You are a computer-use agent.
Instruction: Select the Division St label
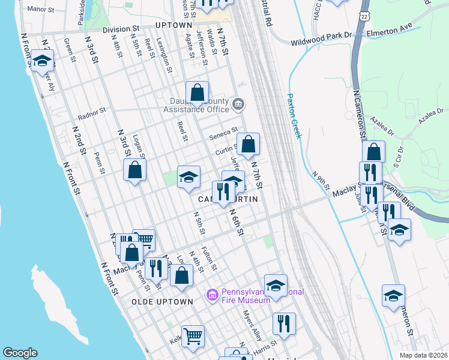[121, 29]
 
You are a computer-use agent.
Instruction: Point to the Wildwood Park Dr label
[321, 43]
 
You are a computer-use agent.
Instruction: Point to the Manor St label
[41, 9]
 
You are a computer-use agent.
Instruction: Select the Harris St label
[264, 346]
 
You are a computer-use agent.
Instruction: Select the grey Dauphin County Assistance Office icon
[238, 105]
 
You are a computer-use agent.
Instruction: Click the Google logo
[20, 353]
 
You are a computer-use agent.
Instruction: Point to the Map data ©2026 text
[424, 355]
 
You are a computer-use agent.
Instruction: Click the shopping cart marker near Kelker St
[193, 336]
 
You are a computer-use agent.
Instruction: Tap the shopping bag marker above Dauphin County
[197, 92]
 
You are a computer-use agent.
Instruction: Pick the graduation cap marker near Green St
[42, 61]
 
